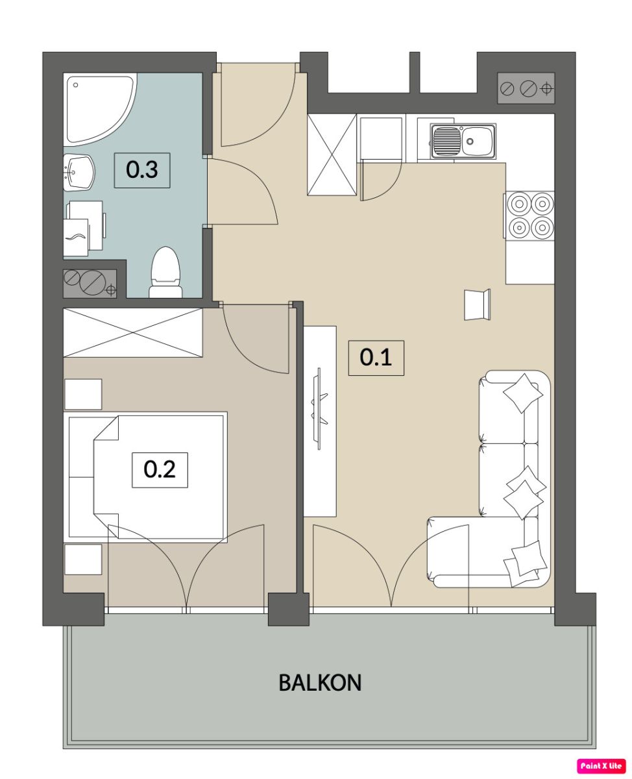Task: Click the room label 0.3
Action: (x=142, y=170)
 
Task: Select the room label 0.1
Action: (x=376, y=358)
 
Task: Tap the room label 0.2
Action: (x=160, y=470)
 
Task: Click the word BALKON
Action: (x=320, y=682)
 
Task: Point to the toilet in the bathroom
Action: (x=165, y=273)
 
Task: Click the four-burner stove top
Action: (x=529, y=216)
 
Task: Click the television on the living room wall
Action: (x=319, y=408)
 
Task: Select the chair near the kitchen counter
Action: (x=477, y=304)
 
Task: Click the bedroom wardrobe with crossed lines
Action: (x=132, y=332)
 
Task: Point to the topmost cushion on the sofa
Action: (x=523, y=393)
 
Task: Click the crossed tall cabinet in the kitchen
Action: (x=332, y=155)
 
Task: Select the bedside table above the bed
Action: (x=83, y=394)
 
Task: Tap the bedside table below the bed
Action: (x=83, y=559)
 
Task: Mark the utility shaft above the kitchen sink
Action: (x=526, y=88)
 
